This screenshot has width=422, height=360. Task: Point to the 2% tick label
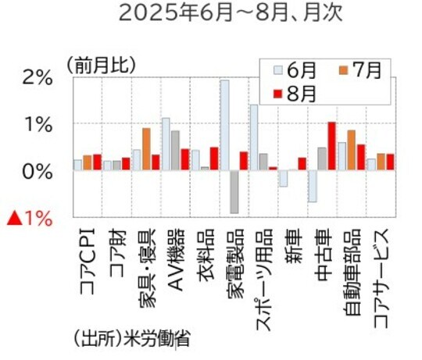36,78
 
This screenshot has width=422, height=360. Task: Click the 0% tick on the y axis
36,171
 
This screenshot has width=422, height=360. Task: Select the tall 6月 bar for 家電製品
224,125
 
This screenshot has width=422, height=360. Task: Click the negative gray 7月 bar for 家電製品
234,191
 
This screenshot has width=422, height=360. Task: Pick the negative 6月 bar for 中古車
312,186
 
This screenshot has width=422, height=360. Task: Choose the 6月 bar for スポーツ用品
254,137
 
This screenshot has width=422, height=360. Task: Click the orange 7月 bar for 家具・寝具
146,149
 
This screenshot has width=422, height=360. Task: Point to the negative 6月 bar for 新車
283,179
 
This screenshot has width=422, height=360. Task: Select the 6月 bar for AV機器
166,144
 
